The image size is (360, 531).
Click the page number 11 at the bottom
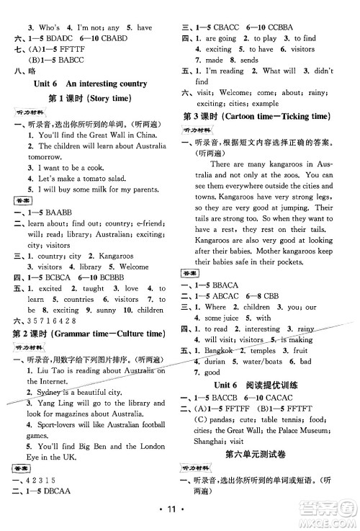tap(179, 517)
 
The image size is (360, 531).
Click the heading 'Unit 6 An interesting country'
tap(90, 84)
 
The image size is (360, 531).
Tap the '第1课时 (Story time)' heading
tap(91, 98)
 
